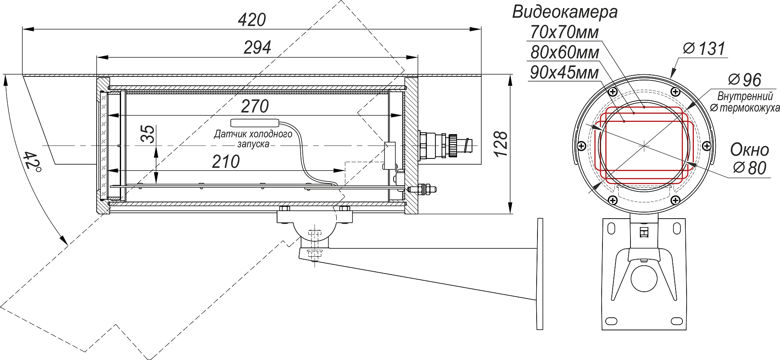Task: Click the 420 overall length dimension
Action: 252,20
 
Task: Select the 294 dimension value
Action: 257,48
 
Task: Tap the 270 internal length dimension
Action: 255,106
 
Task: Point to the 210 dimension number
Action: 226,162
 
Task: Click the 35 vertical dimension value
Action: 148,134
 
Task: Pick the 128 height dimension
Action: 501,144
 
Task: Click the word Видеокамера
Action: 565,12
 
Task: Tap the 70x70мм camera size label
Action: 564,32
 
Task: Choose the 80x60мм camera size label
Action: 564,52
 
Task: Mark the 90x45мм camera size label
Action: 564,73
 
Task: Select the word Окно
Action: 750,150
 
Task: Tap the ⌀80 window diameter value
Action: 750,168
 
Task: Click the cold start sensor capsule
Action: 255,123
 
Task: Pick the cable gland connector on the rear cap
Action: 445,145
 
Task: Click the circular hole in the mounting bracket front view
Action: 644,278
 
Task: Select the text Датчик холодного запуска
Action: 253,139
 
